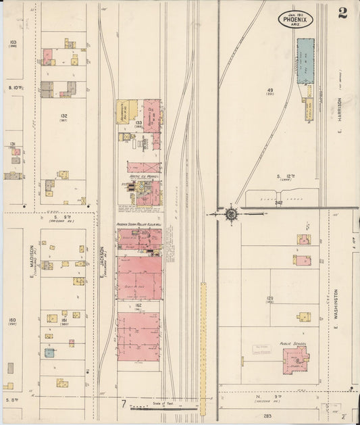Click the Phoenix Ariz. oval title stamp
[x=294, y=18]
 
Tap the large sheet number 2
[x=342, y=14]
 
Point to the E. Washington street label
[x=335, y=305]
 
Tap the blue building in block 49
[x=305, y=61]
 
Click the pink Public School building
[x=294, y=359]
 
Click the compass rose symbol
[x=231, y=214]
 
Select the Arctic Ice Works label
[x=143, y=176]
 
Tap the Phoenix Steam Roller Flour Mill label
[x=139, y=224]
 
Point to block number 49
[x=269, y=90]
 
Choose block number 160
[x=11, y=320]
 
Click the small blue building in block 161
[x=49, y=353]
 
